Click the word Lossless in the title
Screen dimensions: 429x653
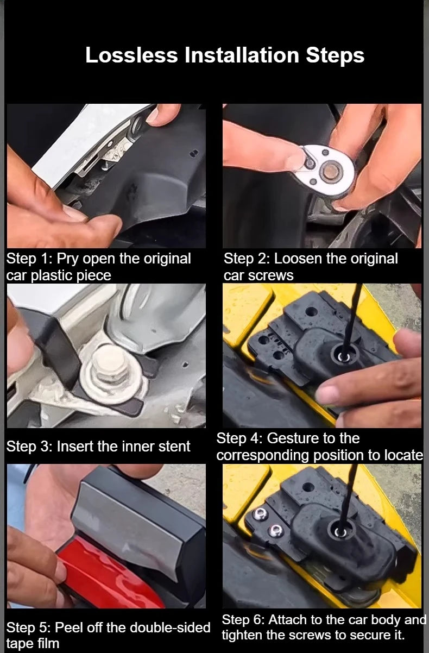click(x=131, y=55)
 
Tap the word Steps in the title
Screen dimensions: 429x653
click(x=335, y=55)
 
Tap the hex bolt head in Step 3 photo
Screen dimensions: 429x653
click(x=109, y=363)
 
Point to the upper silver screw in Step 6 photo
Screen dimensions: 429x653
click(x=260, y=514)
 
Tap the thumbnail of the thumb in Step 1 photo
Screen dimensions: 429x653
click(x=73, y=212)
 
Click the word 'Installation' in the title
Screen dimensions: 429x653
click(x=242, y=55)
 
